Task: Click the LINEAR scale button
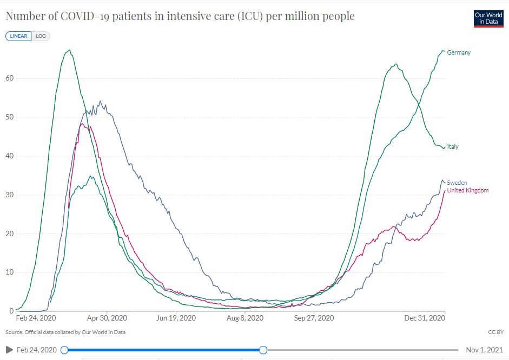click(x=18, y=36)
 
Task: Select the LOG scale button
click(x=41, y=36)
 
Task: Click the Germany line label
click(x=459, y=52)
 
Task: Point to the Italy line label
click(x=453, y=146)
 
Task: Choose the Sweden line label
click(x=457, y=183)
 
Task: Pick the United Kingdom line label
click(x=468, y=190)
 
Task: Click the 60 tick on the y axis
click(x=9, y=78)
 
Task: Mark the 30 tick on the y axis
click(x=9, y=195)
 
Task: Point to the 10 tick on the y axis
click(x=9, y=272)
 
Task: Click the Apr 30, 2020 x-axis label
click(x=107, y=318)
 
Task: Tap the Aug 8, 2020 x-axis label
click(x=244, y=318)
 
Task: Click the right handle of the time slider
click(x=263, y=350)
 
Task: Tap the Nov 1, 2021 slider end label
click(x=485, y=350)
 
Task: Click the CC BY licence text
click(x=495, y=332)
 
